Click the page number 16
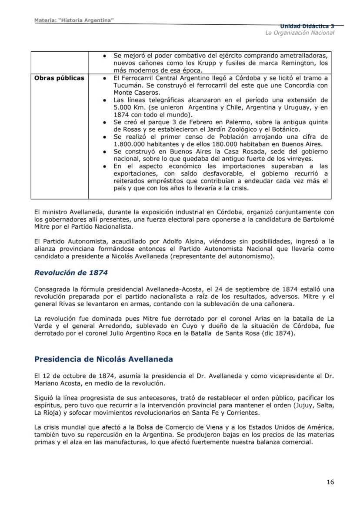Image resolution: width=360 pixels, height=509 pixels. coord(330,482)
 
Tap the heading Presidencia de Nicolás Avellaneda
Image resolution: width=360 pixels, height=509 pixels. coord(103,359)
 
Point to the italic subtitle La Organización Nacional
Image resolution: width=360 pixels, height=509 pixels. coord(300,33)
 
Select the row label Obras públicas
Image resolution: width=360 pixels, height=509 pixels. coord(59,78)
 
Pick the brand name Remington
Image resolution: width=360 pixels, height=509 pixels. coord(290,63)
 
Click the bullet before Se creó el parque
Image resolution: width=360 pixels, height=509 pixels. coord(105,122)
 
